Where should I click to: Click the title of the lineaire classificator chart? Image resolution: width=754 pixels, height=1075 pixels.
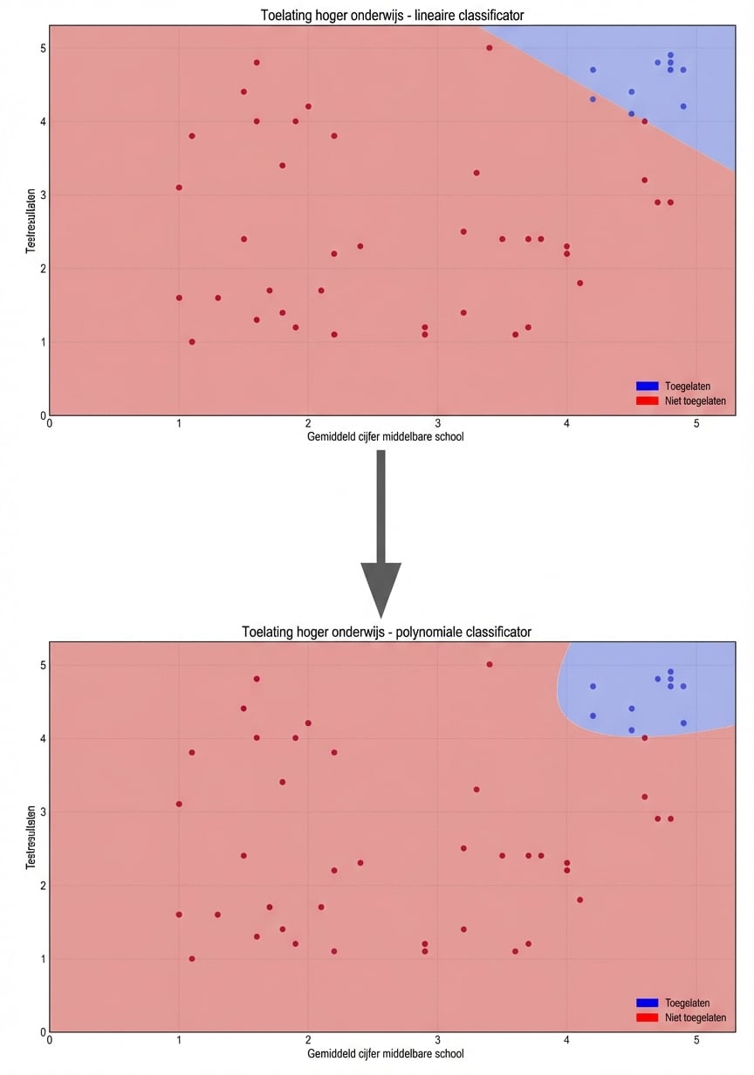(393, 16)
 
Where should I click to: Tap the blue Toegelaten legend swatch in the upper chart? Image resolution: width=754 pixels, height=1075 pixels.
(647, 386)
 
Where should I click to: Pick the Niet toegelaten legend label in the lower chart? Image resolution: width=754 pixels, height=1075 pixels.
(695, 1017)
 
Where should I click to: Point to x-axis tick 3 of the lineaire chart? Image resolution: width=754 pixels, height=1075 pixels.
(437, 423)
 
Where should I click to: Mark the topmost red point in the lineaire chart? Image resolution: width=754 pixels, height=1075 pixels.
(490, 48)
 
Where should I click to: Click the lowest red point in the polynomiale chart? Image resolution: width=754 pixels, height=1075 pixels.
(192, 958)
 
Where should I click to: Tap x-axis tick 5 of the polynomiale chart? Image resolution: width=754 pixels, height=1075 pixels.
(696, 1040)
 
